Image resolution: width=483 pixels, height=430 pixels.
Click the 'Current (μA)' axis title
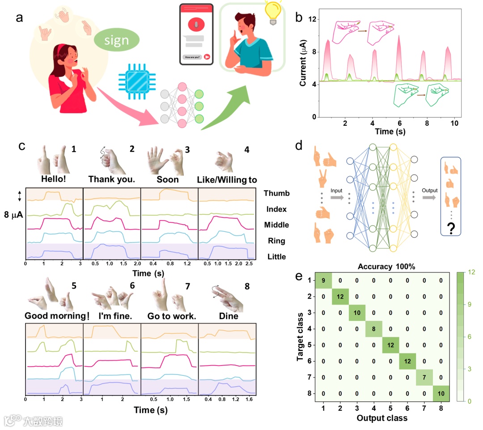(303, 62)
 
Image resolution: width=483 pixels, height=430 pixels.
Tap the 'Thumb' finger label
(276, 193)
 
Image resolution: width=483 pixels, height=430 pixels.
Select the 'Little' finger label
(276, 257)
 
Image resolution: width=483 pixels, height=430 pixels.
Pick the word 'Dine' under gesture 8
(228, 316)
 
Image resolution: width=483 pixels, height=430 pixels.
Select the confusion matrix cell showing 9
(323, 281)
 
